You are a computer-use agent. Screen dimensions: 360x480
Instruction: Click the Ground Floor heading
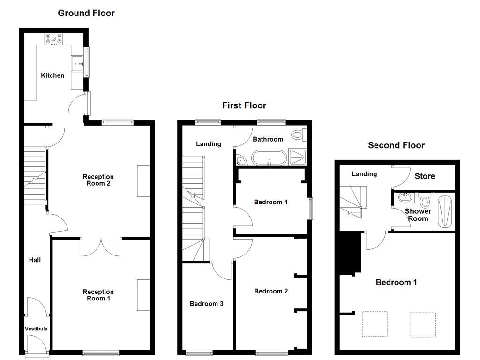[86, 13]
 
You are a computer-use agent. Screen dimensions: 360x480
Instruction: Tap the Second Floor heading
[396, 145]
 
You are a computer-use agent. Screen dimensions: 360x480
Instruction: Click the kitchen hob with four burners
[55, 40]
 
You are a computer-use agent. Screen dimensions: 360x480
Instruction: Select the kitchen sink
[76, 63]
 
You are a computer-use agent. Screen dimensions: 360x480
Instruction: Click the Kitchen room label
[52, 75]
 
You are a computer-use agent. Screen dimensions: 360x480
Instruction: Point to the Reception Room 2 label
[98, 180]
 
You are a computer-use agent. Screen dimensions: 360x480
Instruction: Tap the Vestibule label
[36, 329]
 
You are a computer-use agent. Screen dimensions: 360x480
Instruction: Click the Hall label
[35, 260]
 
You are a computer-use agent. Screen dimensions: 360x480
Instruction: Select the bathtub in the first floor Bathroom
[269, 158]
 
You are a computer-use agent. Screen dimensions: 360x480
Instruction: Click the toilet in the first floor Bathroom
[297, 135]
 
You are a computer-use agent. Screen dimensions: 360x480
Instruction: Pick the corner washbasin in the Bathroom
[240, 160]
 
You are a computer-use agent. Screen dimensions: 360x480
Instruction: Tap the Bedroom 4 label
[270, 202]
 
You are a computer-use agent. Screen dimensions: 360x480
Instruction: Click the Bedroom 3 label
[206, 304]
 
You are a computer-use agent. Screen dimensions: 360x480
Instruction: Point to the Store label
[425, 176]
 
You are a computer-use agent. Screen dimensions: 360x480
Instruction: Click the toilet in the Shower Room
[425, 202]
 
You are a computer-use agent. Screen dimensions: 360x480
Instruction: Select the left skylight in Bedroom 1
[375, 324]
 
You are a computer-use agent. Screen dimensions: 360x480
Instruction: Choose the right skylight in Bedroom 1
[423, 324]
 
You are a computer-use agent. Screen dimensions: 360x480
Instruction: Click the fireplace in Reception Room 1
[143, 295]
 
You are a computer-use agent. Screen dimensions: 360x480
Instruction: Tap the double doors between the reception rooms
[101, 247]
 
